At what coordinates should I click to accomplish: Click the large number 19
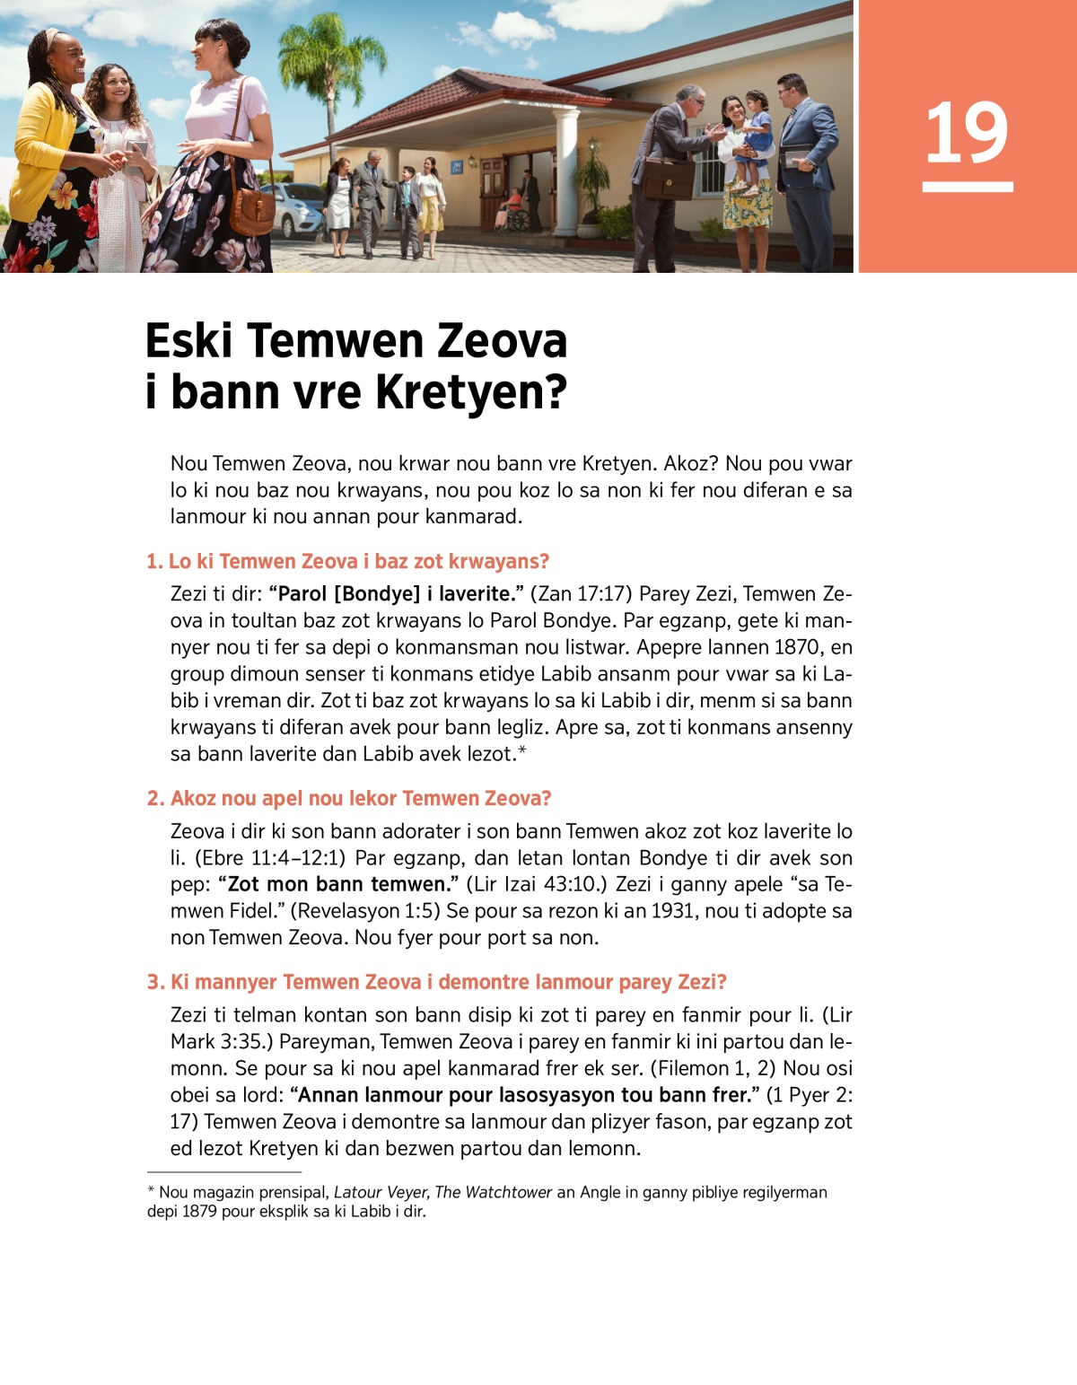967,134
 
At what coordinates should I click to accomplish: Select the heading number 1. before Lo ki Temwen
154,562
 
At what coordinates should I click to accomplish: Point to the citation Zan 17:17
584,594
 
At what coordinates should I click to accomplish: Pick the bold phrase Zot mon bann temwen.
338,884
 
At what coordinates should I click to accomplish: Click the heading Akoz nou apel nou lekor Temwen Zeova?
361,799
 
